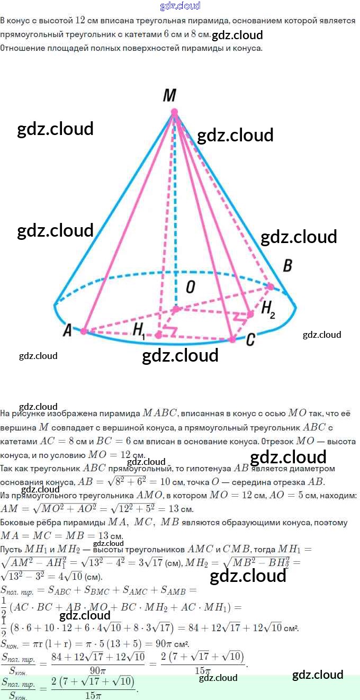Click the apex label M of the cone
(x=169, y=95)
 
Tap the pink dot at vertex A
(x=84, y=331)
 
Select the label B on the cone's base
(x=287, y=265)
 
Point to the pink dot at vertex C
(x=232, y=339)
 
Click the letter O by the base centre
(x=190, y=288)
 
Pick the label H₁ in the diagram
(x=139, y=331)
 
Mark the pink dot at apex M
(x=174, y=112)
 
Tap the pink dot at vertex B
(x=271, y=286)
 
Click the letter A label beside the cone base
(x=67, y=330)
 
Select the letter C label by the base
(x=250, y=339)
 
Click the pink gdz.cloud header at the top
(x=180, y=6)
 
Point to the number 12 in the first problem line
(x=81, y=21)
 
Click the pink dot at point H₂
(x=250, y=313)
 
